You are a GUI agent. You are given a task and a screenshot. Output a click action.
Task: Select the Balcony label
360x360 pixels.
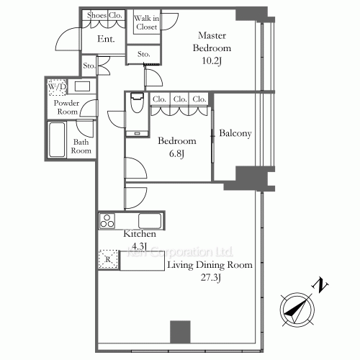point(235,134)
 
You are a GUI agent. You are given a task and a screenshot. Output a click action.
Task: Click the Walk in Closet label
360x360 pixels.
point(146,22)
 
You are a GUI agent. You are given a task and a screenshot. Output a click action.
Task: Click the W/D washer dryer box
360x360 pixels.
point(55,88)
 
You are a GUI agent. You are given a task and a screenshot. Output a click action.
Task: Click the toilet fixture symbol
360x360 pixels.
point(136,107)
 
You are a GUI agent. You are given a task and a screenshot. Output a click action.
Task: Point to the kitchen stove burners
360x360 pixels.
point(108,220)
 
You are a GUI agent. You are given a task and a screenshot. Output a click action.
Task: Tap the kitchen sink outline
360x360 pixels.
point(150,220)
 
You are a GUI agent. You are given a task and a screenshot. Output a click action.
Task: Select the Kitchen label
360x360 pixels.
point(136,235)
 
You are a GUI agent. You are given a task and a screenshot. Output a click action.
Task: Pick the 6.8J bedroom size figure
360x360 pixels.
point(177,153)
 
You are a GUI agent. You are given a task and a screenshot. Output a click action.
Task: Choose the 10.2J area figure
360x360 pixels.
point(215,61)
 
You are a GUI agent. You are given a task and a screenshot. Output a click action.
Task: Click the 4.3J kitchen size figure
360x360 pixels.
point(136,246)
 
